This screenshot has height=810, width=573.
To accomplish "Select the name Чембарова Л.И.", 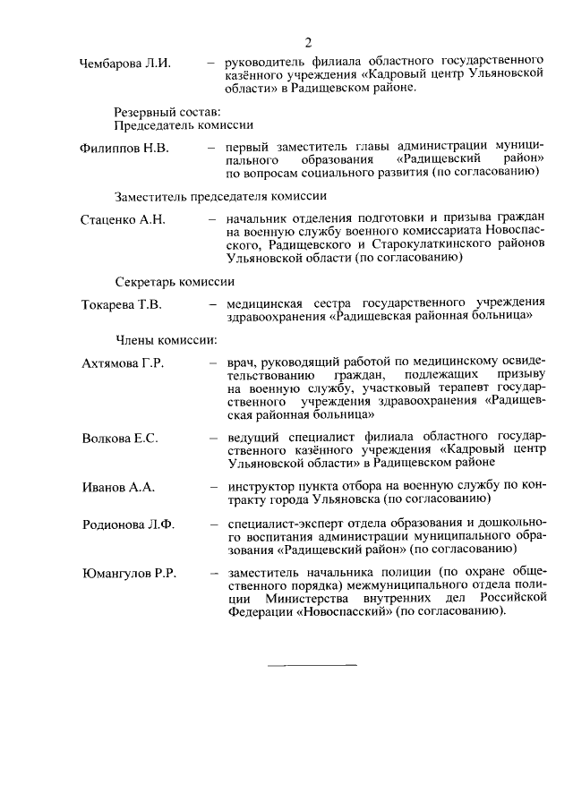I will coord(124,63).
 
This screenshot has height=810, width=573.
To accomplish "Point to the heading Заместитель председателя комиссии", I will coord(219,196).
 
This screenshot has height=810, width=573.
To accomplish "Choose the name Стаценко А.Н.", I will coord(123,220).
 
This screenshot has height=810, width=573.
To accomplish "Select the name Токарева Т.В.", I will coord(121,305).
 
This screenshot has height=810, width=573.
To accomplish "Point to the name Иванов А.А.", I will coord(117,487).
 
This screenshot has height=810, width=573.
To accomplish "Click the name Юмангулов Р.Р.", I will coord(127,574).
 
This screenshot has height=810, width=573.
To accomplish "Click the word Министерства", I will coord(307,599).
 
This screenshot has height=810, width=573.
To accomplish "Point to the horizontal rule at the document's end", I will coord(312,665).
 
